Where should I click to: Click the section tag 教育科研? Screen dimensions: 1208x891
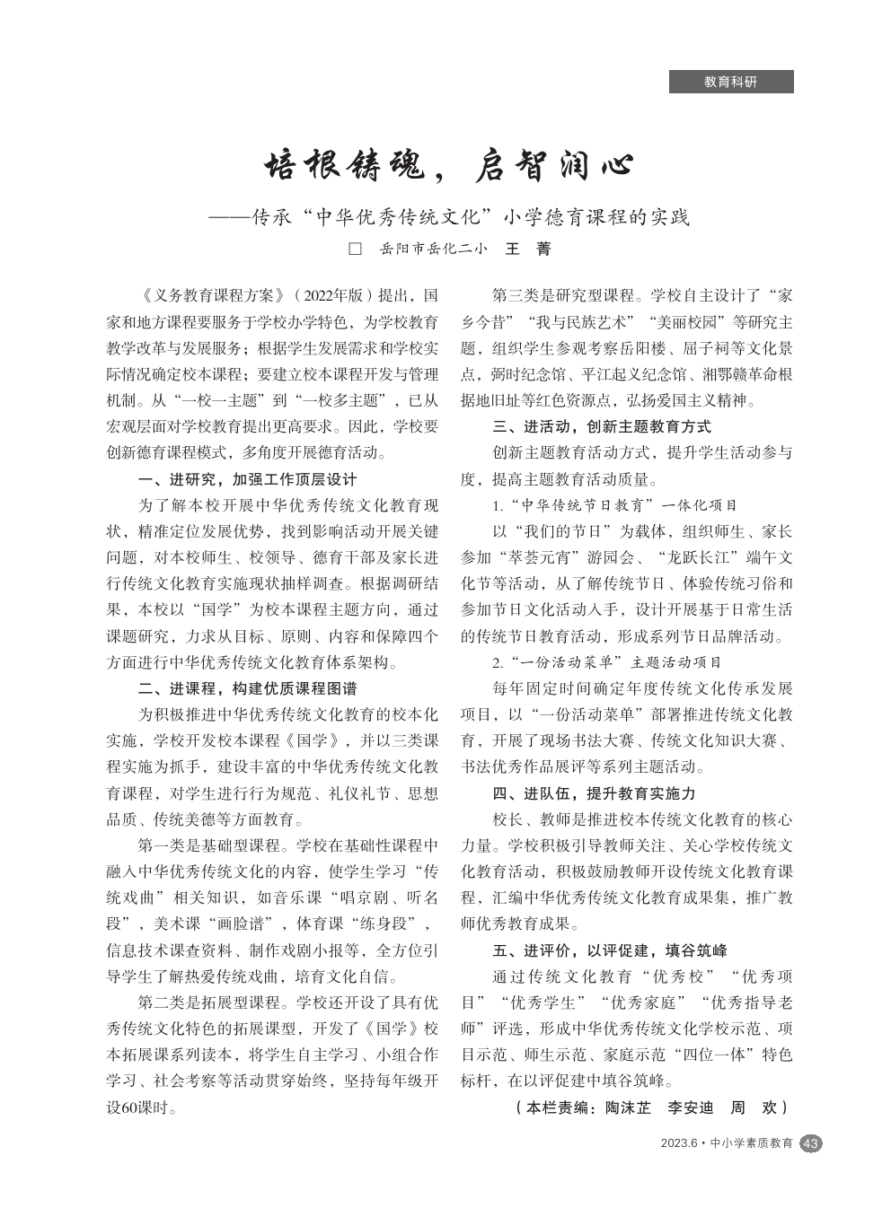point(730,82)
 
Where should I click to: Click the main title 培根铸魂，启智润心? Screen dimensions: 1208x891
point(448,165)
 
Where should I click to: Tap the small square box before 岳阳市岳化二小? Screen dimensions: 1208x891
point(355,249)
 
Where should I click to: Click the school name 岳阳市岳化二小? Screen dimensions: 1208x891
point(433,249)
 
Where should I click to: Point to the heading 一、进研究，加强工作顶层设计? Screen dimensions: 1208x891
point(247,479)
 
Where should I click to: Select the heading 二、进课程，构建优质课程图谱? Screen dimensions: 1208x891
point(247,688)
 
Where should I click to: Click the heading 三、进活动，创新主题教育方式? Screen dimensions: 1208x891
point(602,426)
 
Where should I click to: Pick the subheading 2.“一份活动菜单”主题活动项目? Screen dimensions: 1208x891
point(606,662)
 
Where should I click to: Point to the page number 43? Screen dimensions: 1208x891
point(810,1143)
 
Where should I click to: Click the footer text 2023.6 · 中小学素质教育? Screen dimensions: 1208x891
point(727,1143)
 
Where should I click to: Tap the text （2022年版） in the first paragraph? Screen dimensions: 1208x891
point(333,295)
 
